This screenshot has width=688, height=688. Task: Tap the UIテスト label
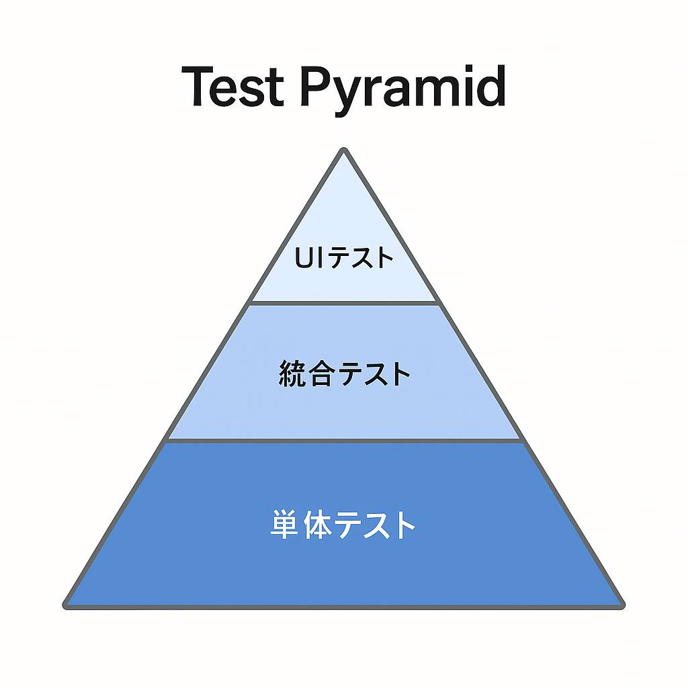tap(343, 258)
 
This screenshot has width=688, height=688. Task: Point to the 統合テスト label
tap(343, 374)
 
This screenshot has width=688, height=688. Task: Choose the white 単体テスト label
tap(343, 525)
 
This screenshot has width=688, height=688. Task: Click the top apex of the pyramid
tap(343, 150)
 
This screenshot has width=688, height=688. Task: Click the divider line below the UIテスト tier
tap(344, 302)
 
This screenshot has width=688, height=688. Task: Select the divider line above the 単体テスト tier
tap(344, 441)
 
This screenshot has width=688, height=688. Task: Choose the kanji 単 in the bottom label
tap(284, 525)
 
